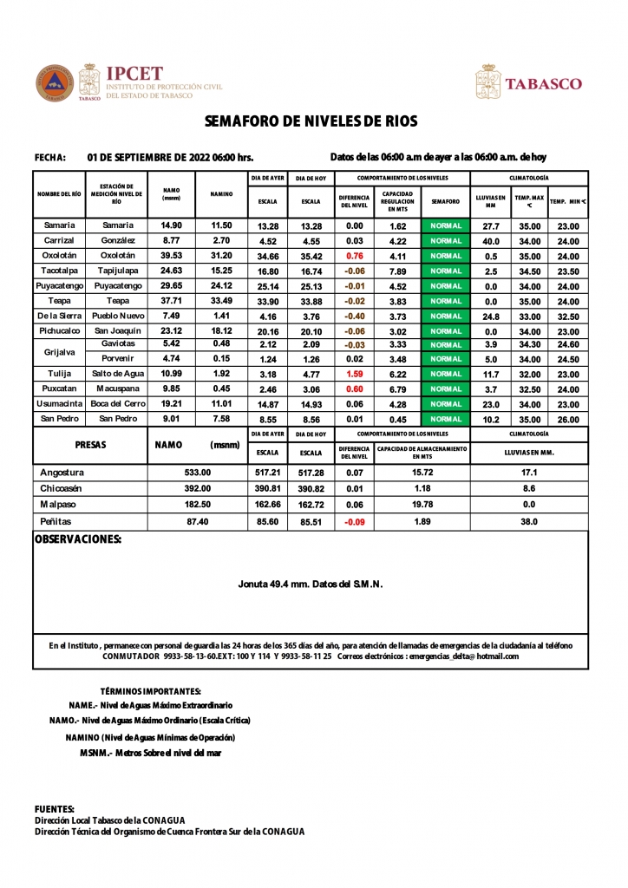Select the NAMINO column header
(x=222, y=195)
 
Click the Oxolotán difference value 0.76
(x=354, y=256)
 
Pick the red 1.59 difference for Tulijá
(x=354, y=374)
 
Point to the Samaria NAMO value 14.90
(x=172, y=225)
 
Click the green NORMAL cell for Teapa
(x=447, y=301)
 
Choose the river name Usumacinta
(x=60, y=404)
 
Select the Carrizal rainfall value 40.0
(x=491, y=241)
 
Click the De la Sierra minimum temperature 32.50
(x=568, y=316)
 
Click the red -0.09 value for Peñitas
(x=354, y=522)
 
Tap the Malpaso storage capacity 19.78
(x=422, y=506)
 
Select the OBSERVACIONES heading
(x=77, y=539)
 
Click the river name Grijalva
(x=60, y=352)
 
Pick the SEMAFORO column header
(x=446, y=201)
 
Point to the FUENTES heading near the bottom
(x=54, y=808)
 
